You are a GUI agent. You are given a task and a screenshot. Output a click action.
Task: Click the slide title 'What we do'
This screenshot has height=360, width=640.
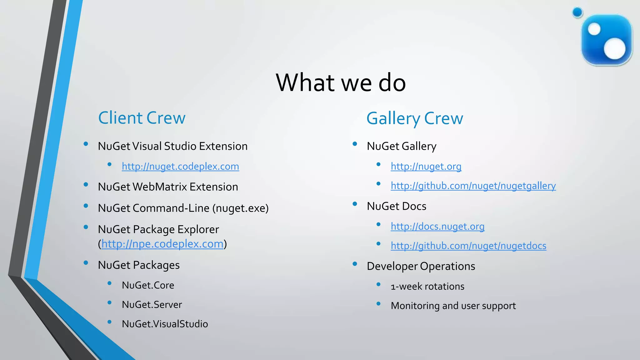[341, 82]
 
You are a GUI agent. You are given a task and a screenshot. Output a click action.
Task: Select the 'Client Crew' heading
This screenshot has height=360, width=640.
[142, 118]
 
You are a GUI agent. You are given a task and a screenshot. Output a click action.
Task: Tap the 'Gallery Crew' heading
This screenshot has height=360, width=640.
[415, 118]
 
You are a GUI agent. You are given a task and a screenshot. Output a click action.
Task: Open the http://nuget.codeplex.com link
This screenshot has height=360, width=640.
[180, 166]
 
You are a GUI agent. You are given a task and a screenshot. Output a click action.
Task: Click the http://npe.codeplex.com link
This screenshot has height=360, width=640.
[162, 244]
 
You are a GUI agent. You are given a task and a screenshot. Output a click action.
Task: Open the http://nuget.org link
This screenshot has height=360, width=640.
[426, 166]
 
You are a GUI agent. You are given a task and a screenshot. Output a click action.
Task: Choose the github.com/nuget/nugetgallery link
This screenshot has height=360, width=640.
[473, 186]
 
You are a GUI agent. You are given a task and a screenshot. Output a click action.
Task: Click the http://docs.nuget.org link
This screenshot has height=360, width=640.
[437, 226]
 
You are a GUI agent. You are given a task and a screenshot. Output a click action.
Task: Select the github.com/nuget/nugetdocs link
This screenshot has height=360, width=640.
[468, 246]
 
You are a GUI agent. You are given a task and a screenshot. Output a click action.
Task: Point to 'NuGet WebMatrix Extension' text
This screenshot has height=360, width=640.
[168, 187]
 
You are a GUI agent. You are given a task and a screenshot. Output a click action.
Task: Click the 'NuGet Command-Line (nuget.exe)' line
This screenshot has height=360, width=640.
[183, 208]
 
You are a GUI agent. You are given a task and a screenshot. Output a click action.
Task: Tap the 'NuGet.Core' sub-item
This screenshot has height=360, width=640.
[148, 285]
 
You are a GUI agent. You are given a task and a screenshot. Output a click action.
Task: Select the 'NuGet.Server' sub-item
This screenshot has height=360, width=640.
[152, 304]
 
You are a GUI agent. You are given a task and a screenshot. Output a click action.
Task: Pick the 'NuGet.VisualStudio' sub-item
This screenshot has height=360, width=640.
[165, 324]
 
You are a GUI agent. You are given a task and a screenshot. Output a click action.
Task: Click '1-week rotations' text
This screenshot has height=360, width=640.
[427, 286]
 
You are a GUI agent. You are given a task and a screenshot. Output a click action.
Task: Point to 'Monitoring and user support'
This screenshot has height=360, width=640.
[453, 306]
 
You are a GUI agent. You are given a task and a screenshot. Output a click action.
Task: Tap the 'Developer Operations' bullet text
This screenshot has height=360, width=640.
[421, 266]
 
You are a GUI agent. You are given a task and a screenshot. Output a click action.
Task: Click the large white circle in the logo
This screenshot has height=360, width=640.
[614, 48]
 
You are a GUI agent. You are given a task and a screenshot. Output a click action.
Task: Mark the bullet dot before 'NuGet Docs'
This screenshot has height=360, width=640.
[355, 204]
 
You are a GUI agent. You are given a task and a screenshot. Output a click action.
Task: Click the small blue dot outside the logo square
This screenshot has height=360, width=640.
[577, 12]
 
